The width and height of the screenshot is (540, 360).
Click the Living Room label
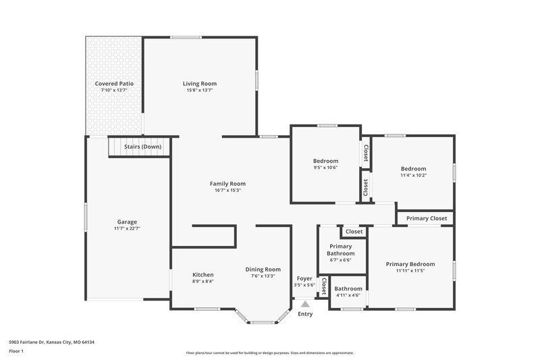coord(200,84)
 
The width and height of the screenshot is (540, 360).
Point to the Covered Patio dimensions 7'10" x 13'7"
coord(114,91)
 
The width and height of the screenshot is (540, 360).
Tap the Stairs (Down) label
coord(142,147)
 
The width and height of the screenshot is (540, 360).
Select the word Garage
coord(127,222)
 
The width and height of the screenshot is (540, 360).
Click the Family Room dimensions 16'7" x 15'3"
coord(227,190)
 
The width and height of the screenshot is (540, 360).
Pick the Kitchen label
coord(203,275)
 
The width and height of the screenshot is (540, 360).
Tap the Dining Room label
coord(263,269)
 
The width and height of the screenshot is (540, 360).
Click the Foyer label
coord(304,278)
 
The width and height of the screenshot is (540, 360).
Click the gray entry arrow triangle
coord(305,305)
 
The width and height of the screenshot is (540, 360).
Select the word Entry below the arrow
coord(305,314)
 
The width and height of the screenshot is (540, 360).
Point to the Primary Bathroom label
coord(341,250)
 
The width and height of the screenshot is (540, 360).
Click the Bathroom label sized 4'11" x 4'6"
coord(348,288)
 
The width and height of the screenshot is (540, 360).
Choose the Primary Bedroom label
coord(410,264)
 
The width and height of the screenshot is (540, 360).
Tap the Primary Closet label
coord(427,218)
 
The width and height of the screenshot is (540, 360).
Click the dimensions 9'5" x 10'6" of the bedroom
coord(325,168)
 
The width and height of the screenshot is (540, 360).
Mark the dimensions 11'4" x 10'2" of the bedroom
coord(413,175)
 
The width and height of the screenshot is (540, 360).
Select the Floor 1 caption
coord(16,351)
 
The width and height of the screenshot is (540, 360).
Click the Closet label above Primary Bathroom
coord(354,232)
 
